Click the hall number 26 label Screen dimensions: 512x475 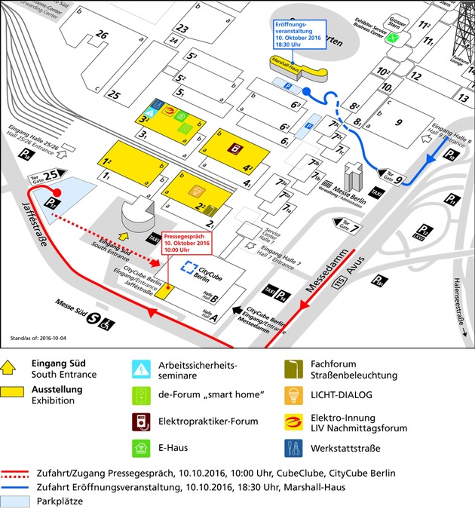tap(103, 35)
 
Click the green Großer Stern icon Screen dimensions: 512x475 tap(391, 41)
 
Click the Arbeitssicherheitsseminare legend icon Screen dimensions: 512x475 tap(141, 368)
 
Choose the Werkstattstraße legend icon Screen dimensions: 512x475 tap(293, 448)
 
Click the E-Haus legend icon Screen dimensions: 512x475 tap(141, 448)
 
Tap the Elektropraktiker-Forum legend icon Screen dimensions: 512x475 tap(141, 421)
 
